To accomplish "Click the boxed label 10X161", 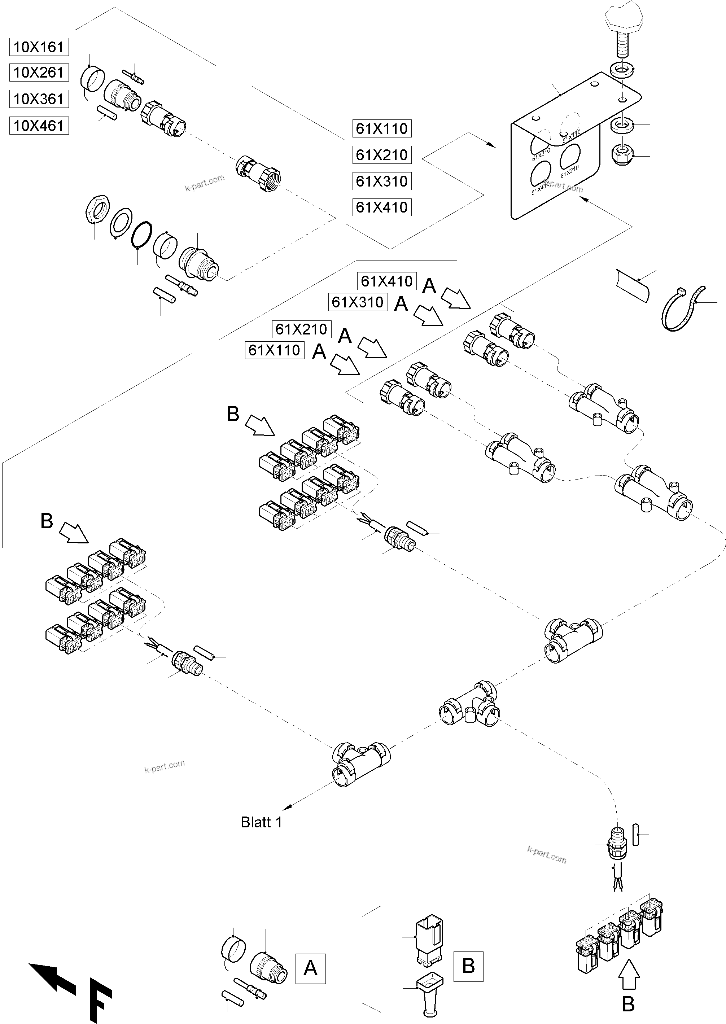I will [39, 47].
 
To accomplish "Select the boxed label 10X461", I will [39, 126].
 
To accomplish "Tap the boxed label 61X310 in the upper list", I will [382, 181].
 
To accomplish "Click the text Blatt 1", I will [261, 822].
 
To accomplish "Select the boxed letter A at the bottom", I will [310, 968].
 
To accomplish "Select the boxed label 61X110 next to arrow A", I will [275, 350].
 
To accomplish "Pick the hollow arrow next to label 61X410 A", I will [456, 298].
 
